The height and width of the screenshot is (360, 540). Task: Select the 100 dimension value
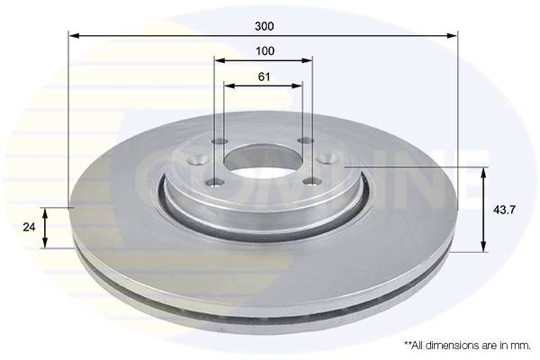(x=264, y=50)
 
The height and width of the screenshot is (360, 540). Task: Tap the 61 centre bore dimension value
(x=264, y=76)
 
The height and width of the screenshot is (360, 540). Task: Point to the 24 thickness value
(x=30, y=228)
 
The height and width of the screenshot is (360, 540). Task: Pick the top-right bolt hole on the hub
(x=303, y=140)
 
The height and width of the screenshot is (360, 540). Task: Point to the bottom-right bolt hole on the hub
(x=310, y=181)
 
